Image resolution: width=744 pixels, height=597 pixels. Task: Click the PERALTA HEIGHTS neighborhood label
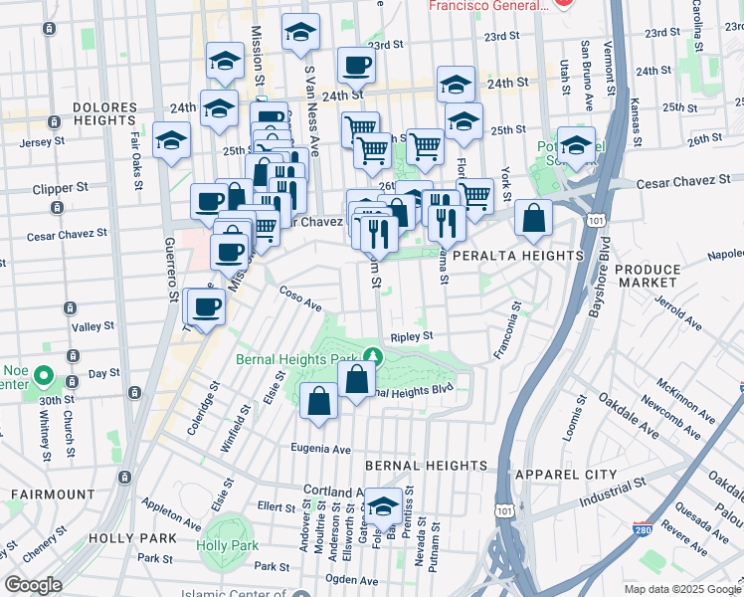(516, 256)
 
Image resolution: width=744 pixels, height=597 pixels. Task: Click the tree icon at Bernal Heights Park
(372, 355)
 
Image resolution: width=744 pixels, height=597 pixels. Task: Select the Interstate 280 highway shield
(645, 534)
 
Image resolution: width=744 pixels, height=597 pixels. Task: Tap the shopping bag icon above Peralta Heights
(534, 220)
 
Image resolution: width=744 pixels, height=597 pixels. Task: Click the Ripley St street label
(411, 336)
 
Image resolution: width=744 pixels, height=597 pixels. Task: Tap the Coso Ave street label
(300, 298)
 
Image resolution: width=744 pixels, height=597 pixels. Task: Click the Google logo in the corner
(33, 585)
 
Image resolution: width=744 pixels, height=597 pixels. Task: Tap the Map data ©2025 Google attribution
(681, 589)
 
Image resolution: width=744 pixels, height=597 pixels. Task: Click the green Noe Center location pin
(43, 377)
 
